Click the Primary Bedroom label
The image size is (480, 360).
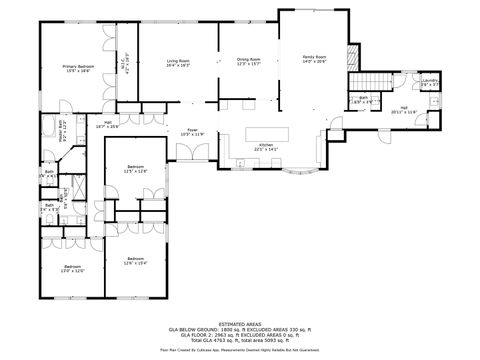pyautogui.click(x=77, y=68)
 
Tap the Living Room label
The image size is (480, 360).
pyautogui.click(x=179, y=63)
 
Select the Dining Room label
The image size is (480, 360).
pyautogui.click(x=249, y=62)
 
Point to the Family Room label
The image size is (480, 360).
pyautogui.click(x=315, y=59)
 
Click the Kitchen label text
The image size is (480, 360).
pyautogui.click(x=266, y=147)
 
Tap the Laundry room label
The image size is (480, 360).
pyautogui.click(x=430, y=83)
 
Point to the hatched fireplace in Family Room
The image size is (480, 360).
pyautogui.click(x=351, y=57)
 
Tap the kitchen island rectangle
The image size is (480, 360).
pyautogui.click(x=267, y=132)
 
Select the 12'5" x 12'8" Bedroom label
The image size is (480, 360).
pyautogui.click(x=136, y=169)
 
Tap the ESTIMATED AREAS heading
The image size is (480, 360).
pyautogui.click(x=240, y=322)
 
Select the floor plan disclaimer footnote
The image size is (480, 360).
pyautogui.click(x=240, y=350)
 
